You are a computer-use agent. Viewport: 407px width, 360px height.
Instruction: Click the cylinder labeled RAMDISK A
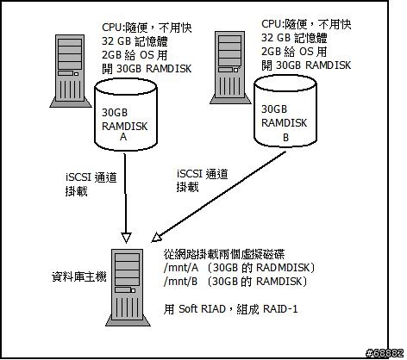(126, 115)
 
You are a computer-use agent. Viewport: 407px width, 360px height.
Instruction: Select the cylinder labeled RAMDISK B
(285, 111)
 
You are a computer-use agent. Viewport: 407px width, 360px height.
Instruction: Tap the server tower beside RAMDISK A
(71, 71)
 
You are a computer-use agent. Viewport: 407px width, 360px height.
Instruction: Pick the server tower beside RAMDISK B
(230, 67)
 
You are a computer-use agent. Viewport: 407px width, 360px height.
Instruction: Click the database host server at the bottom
(127, 288)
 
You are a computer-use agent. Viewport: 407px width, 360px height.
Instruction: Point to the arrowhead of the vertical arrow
(126, 237)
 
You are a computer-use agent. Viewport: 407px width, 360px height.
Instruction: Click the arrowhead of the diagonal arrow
(157, 237)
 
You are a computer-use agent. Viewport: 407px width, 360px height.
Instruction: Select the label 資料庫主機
(79, 276)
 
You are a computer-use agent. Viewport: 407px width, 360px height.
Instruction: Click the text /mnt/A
(181, 268)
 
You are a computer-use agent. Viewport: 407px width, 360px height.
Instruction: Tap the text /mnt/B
(180, 282)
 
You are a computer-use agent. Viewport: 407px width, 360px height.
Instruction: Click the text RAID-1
(280, 309)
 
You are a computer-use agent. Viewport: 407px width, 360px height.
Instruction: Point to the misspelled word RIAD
(213, 309)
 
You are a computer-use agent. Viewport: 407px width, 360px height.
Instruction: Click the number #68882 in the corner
(385, 353)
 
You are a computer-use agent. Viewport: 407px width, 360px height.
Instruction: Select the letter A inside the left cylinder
(123, 137)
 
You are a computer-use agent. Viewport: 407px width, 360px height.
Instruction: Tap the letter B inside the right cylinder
(285, 138)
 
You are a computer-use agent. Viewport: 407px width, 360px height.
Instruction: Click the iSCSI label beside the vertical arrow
(78, 177)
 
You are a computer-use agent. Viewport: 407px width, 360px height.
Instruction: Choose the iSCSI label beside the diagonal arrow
(190, 174)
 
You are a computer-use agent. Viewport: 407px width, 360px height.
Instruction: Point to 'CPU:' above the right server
(272, 23)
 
